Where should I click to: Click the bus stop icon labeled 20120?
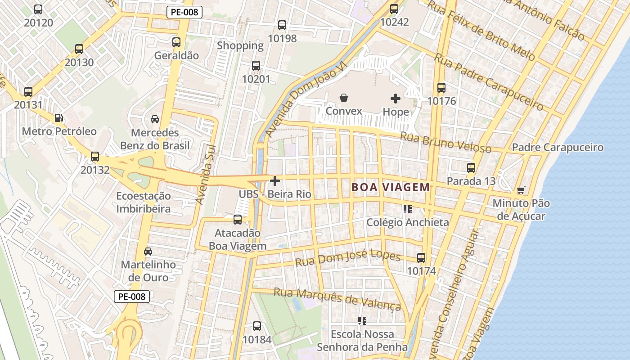38,9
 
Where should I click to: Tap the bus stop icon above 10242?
394,9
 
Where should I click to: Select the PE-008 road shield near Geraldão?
184,12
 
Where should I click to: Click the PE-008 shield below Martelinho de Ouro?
131,297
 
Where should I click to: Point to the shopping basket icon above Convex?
344,98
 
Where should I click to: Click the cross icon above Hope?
396,99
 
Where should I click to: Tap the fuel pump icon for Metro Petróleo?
58,118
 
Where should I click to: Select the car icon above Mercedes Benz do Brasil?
155,119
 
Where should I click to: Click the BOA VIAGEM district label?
391,187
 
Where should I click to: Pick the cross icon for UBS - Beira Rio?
274,181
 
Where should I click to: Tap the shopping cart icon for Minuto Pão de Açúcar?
521,190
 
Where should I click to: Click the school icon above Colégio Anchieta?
408,209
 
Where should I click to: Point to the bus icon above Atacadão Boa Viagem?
238,220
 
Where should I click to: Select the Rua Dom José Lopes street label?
347,258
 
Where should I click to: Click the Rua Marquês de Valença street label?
337,299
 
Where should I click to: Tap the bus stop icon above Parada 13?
471,168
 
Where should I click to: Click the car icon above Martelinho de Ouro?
148,252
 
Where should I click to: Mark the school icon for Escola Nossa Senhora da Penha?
362,321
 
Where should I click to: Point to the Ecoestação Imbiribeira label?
144,202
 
